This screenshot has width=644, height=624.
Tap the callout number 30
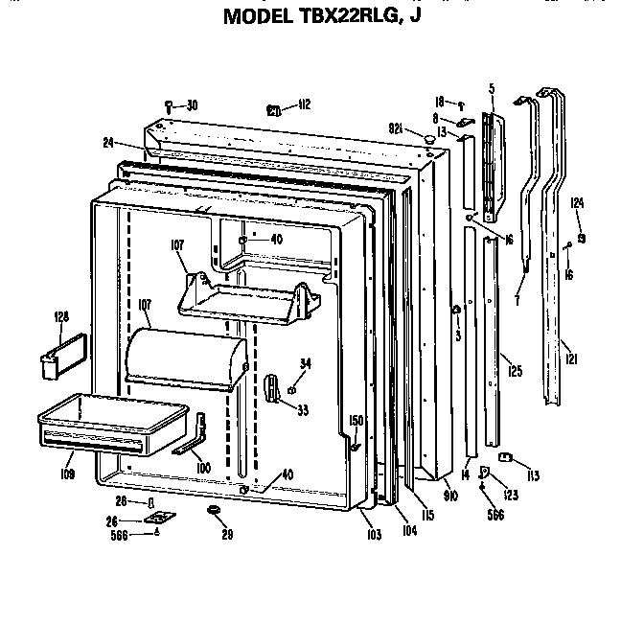pyautogui.click(x=193, y=104)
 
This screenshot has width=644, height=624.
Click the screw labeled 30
pyautogui.click(x=170, y=105)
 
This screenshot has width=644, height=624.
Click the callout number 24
pyautogui.click(x=108, y=143)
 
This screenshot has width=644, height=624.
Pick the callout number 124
pyautogui.click(x=577, y=202)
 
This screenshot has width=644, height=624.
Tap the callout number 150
pyautogui.click(x=356, y=421)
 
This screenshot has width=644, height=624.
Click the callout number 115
pyautogui.click(x=427, y=515)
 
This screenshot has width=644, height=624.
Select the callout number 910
pyautogui.click(x=450, y=496)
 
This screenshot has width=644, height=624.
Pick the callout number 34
pyautogui.click(x=305, y=362)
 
